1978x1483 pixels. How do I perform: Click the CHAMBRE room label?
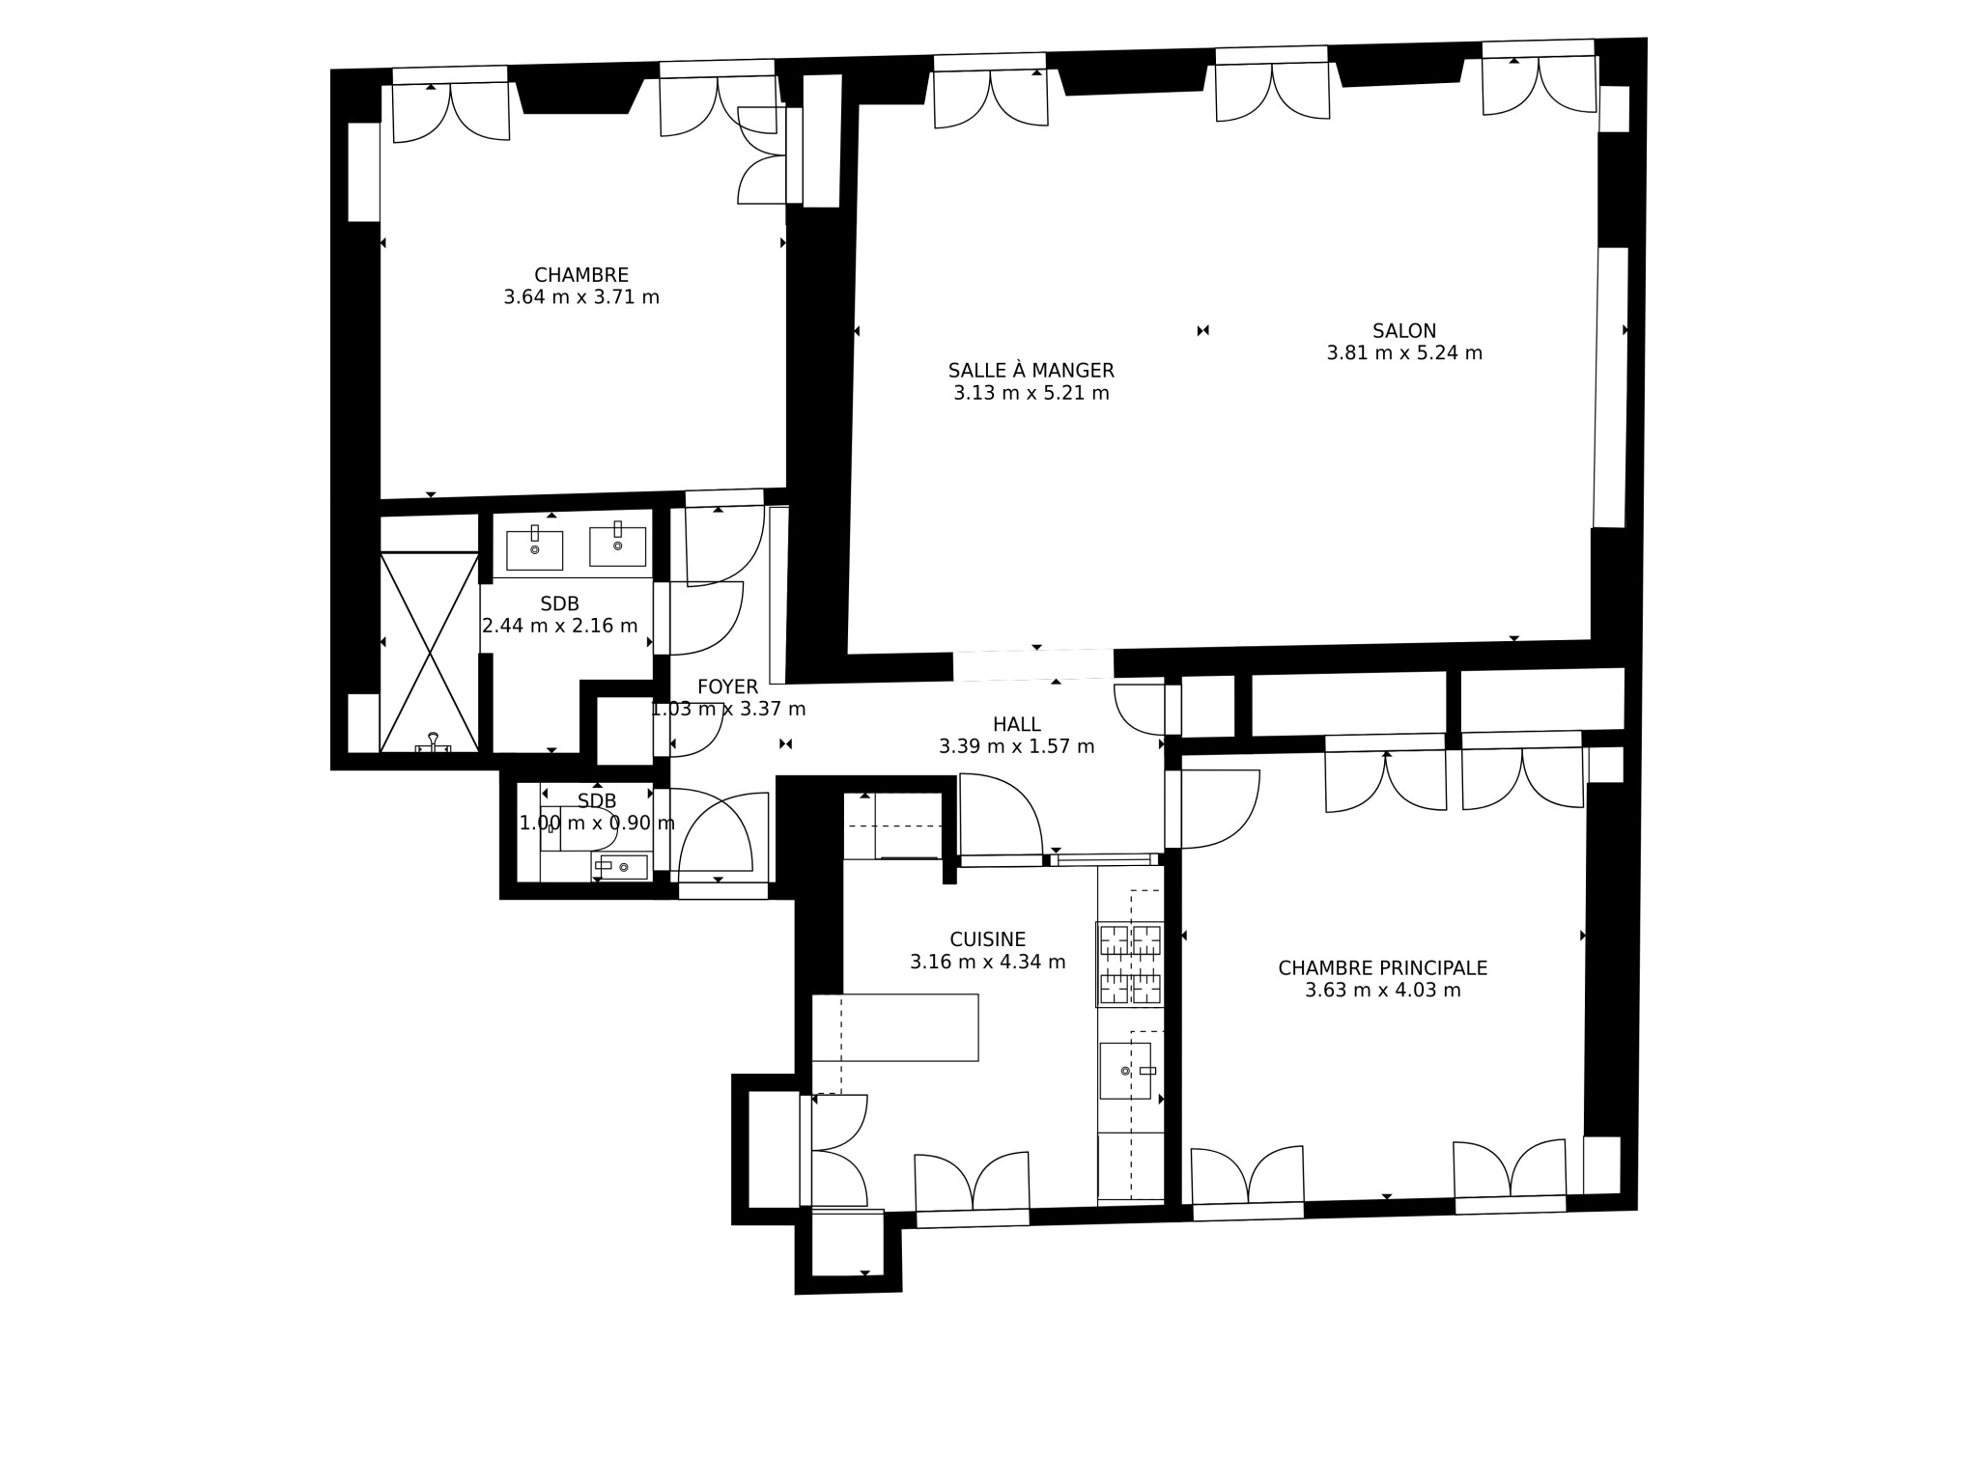click(x=581, y=275)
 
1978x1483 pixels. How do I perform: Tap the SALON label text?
click(x=1404, y=331)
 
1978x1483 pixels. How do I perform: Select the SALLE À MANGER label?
click(x=1031, y=370)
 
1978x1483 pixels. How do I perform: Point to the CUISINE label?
click(x=988, y=939)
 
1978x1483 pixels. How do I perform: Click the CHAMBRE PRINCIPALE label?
click(x=1383, y=967)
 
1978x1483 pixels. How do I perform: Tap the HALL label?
click(x=1017, y=724)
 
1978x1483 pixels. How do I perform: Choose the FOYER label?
click(x=728, y=686)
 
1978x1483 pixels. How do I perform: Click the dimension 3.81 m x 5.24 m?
click(x=1404, y=353)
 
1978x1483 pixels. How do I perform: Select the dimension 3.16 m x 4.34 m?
click(x=988, y=962)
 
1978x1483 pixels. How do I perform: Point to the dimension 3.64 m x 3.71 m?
click(x=581, y=297)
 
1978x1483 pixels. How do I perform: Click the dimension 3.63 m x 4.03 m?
click(x=1383, y=990)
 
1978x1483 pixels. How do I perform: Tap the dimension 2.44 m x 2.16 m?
click(x=560, y=626)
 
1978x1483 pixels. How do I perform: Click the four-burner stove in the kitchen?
click(x=1130, y=965)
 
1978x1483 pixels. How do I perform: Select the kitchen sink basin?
click(x=1125, y=1071)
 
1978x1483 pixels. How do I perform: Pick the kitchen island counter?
click(x=895, y=1028)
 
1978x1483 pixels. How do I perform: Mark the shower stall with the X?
click(x=430, y=653)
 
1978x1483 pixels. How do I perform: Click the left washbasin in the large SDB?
click(x=534, y=549)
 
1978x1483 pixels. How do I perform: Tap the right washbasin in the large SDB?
click(x=618, y=546)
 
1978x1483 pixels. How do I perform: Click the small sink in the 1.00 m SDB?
click(x=619, y=867)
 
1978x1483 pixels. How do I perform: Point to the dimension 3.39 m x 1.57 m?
click(x=1017, y=746)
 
